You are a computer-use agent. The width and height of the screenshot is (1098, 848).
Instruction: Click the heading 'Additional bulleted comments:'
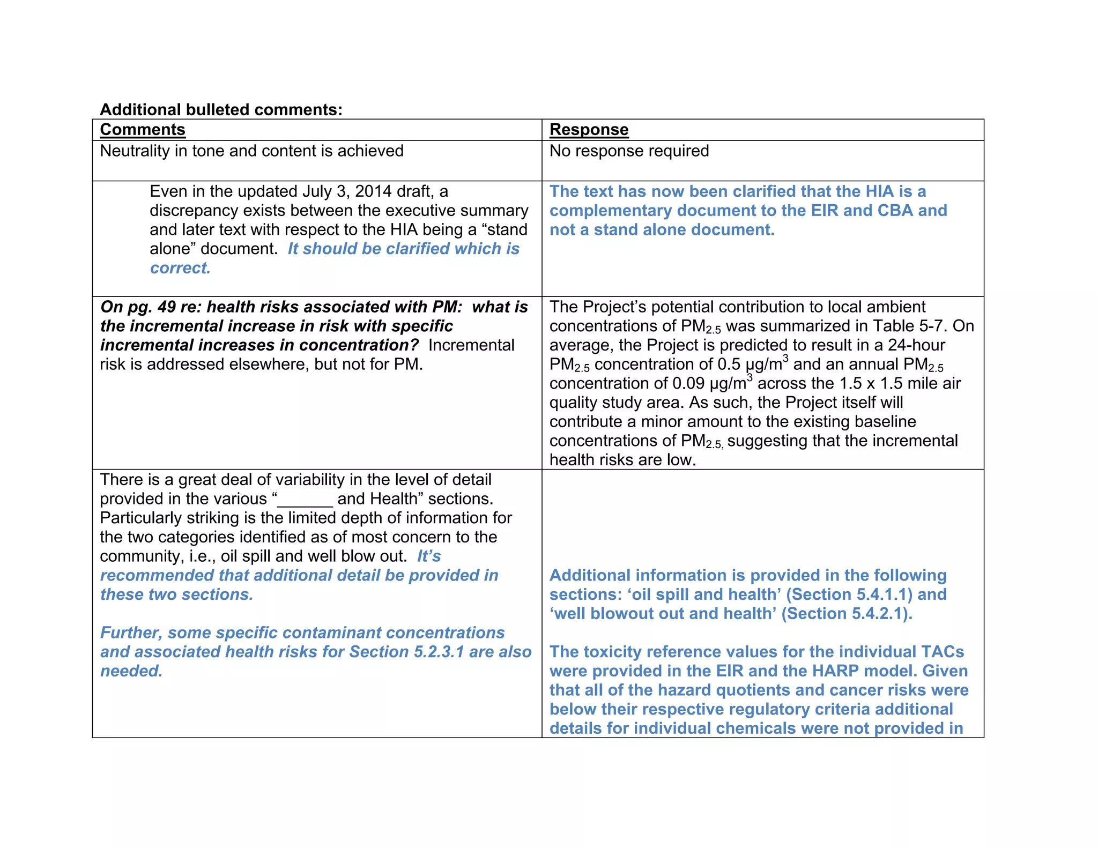(221, 109)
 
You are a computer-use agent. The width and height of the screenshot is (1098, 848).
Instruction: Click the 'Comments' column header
(143, 130)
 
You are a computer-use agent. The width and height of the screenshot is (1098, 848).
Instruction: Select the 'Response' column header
(589, 130)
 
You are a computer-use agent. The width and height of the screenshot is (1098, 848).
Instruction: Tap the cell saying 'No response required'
(629, 151)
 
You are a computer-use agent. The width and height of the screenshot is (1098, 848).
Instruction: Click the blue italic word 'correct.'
(180, 268)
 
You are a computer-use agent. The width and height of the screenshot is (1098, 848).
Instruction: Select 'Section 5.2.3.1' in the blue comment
(406, 652)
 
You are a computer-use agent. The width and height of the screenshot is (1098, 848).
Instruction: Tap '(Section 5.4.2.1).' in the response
(847, 614)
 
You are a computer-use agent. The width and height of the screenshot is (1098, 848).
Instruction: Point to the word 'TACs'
(942, 652)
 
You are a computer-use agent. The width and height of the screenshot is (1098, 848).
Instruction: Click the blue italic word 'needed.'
(131, 671)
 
